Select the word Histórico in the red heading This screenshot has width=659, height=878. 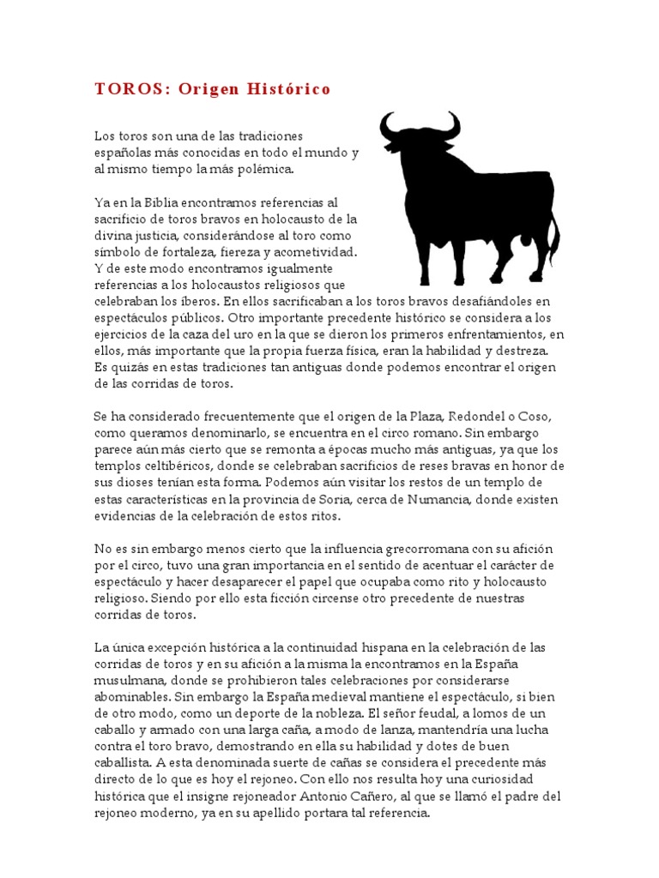coord(288,89)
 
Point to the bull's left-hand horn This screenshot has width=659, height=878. coord(388,128)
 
